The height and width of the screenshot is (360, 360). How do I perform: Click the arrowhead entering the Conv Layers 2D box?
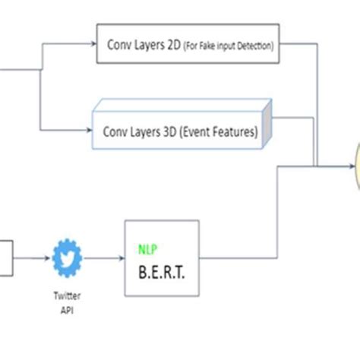[x=93, y=44]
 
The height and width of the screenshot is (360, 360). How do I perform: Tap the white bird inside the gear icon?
[x=67, y=257]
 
